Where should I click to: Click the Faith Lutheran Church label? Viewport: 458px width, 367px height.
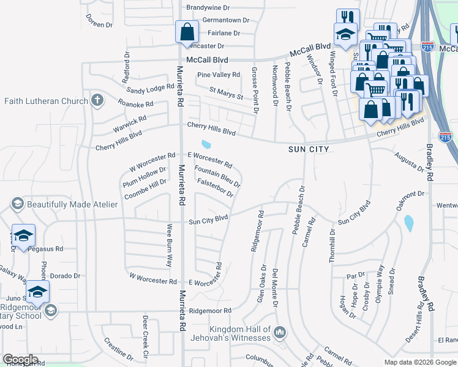tap(44, 100)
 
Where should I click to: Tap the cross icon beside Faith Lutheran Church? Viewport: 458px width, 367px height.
tap(96, 100)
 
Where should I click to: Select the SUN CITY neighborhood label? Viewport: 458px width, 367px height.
tap(309, 149)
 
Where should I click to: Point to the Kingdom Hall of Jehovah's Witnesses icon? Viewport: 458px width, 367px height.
tap(280, 333)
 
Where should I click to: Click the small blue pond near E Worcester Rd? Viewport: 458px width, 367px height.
tap(206, 145)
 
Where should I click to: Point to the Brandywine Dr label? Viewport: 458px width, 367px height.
tap(208, 8)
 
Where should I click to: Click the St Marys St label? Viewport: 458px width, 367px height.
tap(226, 93)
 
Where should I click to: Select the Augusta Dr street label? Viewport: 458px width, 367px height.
tap(408, 163)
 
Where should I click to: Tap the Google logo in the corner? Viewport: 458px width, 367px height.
tap(20, 360)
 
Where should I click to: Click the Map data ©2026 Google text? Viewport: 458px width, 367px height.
tap(419, 362)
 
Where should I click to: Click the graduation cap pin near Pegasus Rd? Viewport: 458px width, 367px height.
tap(23, 235)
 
